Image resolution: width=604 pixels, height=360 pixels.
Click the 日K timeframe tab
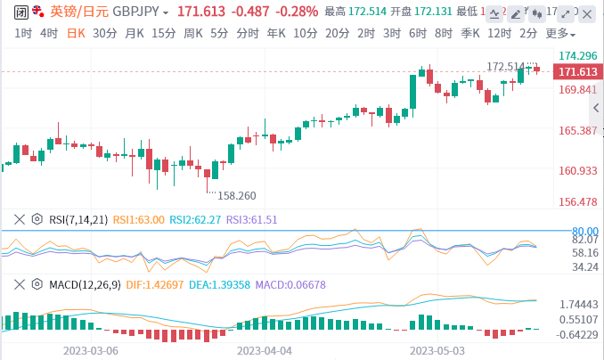point(76,33)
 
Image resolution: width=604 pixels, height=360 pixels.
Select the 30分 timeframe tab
point(104,33)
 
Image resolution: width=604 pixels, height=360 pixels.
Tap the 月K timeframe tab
point(135,33)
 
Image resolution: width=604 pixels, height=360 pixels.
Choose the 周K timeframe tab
point(192,33)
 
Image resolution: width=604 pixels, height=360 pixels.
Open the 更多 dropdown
point(558,33)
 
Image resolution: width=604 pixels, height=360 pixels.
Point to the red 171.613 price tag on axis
point(575,72)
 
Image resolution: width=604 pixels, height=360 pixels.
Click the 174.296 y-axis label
point(577,55)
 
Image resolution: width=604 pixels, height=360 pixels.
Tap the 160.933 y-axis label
point(577,171)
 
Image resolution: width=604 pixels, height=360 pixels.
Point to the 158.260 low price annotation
point(237,195)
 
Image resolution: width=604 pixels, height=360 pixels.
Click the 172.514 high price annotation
point(505,67)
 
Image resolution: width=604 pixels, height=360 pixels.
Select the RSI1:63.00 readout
point(138,218)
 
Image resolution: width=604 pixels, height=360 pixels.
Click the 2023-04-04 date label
point(265,351)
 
